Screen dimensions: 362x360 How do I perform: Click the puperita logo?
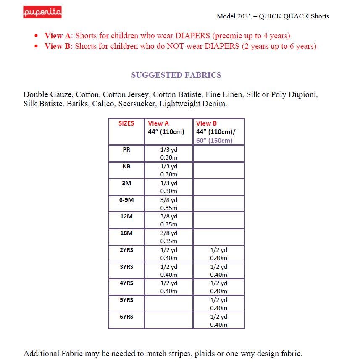pos(42,12)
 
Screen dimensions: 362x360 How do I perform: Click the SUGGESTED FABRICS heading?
pos(176,75)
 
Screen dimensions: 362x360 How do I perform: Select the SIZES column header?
pos(126,123)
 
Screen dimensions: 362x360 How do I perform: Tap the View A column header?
pos(158,123)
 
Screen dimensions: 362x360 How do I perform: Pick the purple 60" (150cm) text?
pos(214,140)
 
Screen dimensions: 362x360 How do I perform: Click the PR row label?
pos(126,150)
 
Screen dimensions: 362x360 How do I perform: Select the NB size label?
pos(126,166)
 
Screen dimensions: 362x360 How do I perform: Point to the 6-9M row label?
pos(126,200)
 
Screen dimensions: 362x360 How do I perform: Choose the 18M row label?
pos(126,233)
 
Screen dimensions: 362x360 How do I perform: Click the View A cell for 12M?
pos(169,220)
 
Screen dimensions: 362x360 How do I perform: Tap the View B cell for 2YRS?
pos(218,254)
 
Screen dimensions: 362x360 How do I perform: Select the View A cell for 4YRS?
pos(169,287)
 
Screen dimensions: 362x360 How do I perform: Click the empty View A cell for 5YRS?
pos(169,304)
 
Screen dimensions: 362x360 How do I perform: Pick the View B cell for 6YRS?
pos(218,320)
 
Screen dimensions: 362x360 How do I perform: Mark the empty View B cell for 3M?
pos(218,187)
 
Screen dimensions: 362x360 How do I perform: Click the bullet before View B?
pos(37,46)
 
